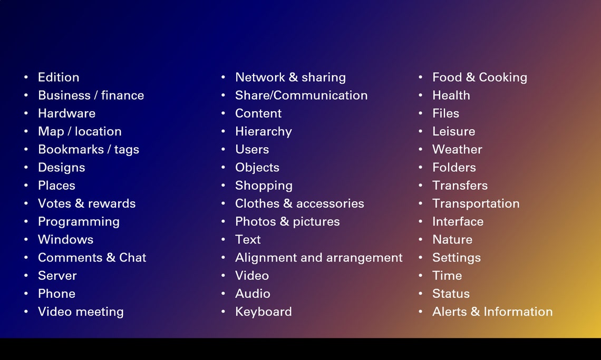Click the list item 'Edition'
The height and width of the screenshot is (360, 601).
pos(59,77)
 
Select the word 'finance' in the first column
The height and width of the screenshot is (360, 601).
pos(122,95)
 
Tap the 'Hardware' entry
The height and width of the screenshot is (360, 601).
pos(66,113)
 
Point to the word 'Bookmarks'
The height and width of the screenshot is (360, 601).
pos(71,150)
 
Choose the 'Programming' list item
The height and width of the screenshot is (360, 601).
pos(79,222)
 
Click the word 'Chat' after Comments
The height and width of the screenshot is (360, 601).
pos(132,258)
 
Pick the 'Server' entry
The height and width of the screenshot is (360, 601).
pos(57,276)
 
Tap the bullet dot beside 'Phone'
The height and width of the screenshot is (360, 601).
pos(26,294)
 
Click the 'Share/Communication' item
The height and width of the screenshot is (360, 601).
pos(301,95)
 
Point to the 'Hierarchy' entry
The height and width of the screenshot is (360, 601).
pos(263,132)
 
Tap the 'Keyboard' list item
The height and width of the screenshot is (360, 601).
pos(263,312)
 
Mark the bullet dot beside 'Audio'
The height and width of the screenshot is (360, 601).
pos(224,294)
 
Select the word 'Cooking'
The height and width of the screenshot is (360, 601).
pos(502,77)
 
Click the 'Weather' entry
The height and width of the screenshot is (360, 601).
pos(457,150)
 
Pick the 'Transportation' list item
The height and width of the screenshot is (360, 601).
pos(476,203)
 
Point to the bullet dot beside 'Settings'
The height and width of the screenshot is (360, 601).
pos(421,258)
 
